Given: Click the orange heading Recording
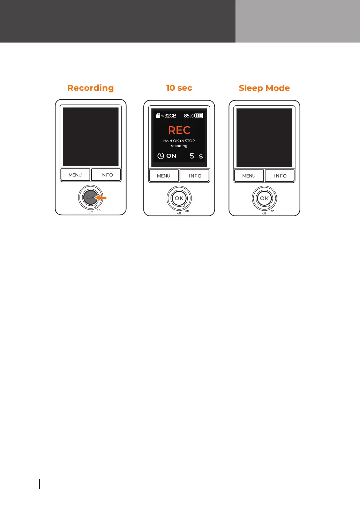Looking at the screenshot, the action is pyautogui.click(x=90, y=88).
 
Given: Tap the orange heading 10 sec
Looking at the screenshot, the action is pyautogui.click(x=179, y=88).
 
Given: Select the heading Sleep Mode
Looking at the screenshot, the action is pyautogui.click(x=264, y=88).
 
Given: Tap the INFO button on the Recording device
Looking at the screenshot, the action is pyautogui.click(x=106, y=175).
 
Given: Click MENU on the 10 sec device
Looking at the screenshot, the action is pyautogui.click(x=164, y=176).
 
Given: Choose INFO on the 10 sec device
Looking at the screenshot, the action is pyautogui.click(x=195, y=176).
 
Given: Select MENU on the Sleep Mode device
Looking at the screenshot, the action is pyautogui.click(x=249, y=176).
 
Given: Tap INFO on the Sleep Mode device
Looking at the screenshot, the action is pyautogui.click(x=280, y=176).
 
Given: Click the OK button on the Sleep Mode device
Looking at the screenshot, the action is pyautogui.click(x=264, y=198).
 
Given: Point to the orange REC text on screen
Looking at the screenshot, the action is pyautogui.click(x=179, y=130).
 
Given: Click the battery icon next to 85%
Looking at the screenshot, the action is pyautogui.click(x=198, y=116).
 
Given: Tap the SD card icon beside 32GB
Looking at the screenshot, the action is pyautogui.click(x=158, y=116).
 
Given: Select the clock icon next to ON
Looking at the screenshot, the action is pyautogui.click(x=160, y=156).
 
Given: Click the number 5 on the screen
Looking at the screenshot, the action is pyautogui.click(x=192, y=156).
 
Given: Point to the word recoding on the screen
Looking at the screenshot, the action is pyautogui.click(x=179, y=146).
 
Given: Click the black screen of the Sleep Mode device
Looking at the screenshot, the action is pyautogui.click(x=264, y=138).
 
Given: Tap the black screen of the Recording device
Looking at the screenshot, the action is pyautogui.click(x=90, y=137).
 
